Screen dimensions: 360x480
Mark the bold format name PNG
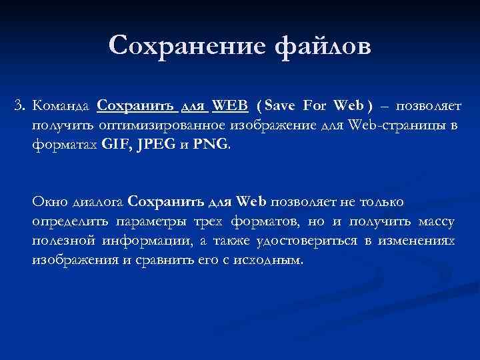pyautogui.click(x=211, y=143)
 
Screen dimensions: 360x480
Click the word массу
pyautogui.click(x=437, y=221)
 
